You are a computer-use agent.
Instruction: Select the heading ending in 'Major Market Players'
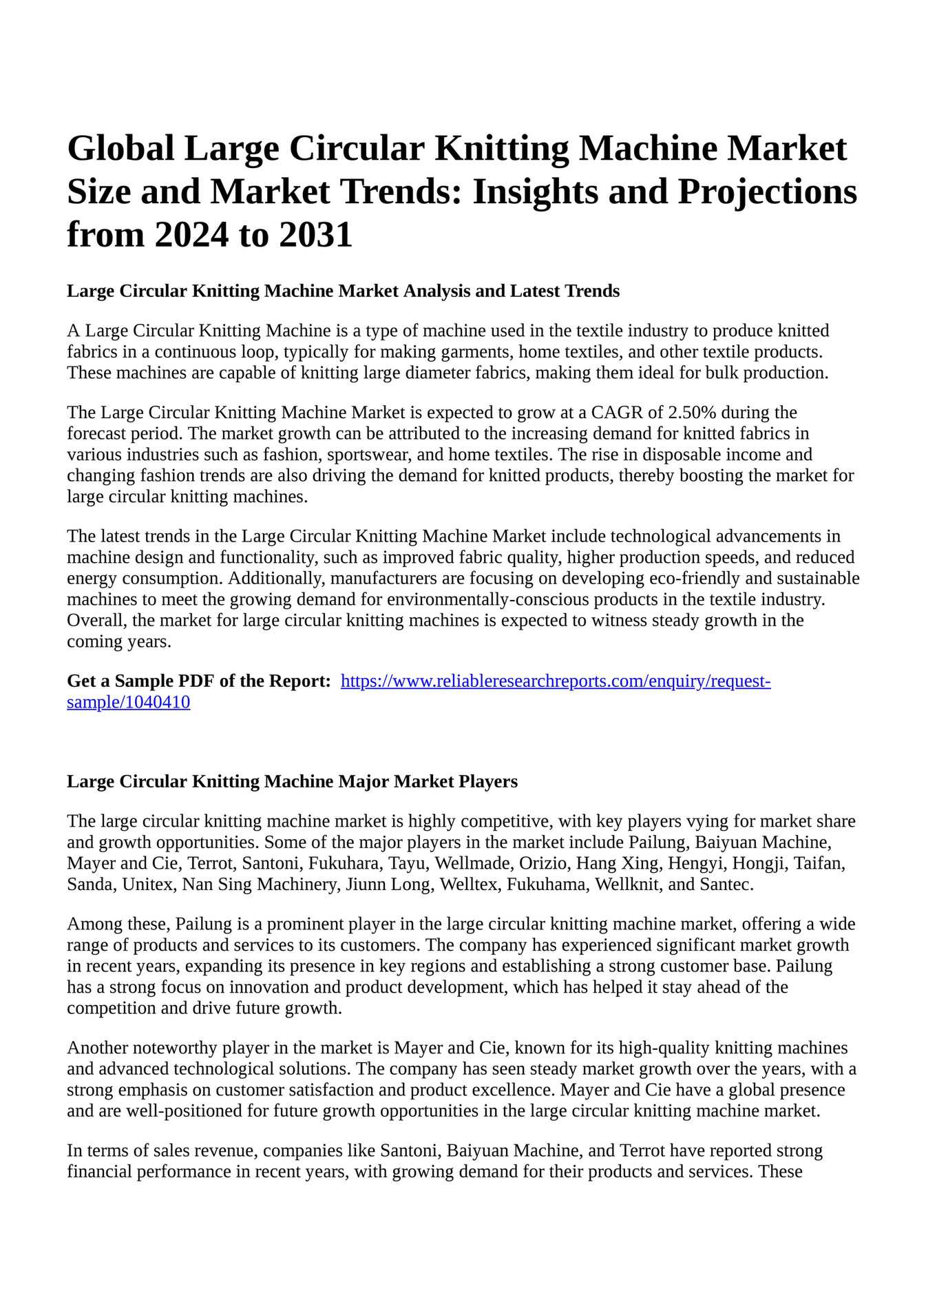click(292, 781)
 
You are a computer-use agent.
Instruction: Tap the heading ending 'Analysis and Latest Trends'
click(343, 291)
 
